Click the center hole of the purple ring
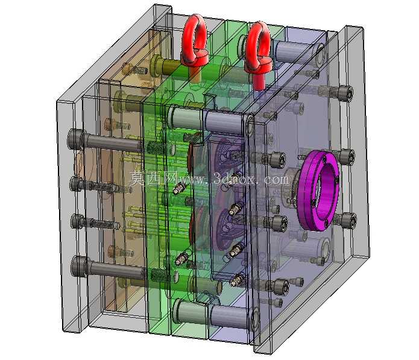[x=325, y=190]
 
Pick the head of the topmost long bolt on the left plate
[x=75, y=139]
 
